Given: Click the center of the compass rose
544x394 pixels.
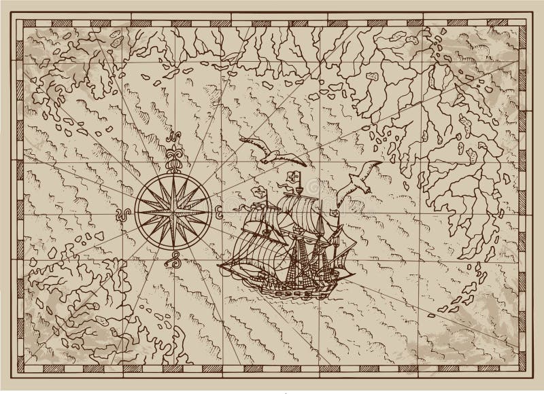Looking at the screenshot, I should pyautogui.click(x=173, y=202).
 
